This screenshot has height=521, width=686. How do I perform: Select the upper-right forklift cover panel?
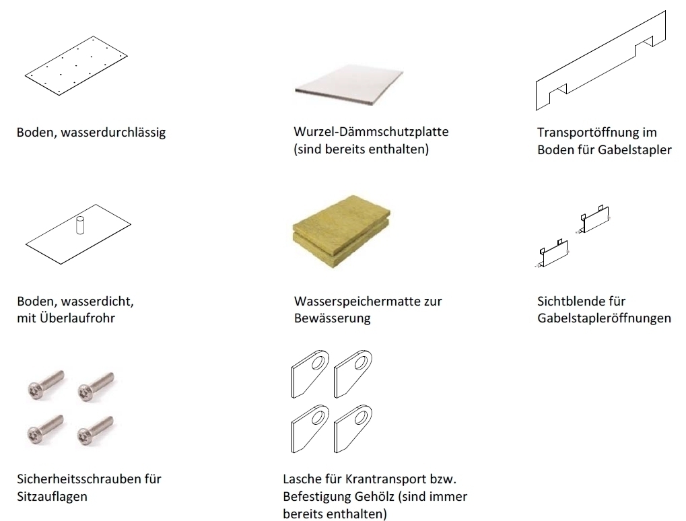[594, 219]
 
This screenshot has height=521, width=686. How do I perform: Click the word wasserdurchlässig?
[113, 133]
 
